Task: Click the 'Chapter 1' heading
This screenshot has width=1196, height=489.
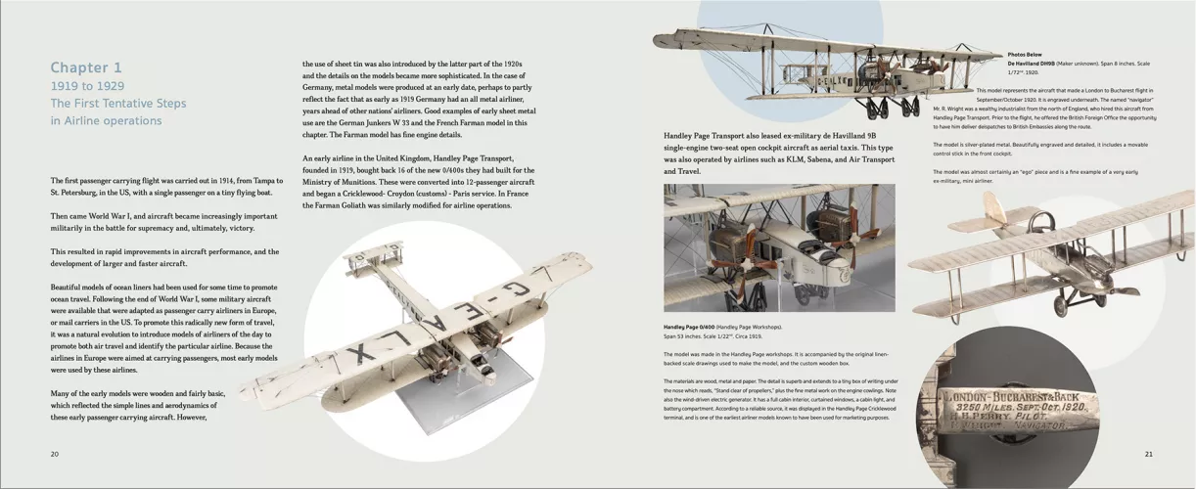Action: pos(86,67)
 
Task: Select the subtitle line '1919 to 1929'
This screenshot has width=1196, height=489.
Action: pos(87,86)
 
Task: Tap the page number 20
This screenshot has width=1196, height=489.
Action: pos(55,454)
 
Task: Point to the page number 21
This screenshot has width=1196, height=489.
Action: pos(1149,454)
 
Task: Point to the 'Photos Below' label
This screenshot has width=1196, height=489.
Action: pos(1025,55)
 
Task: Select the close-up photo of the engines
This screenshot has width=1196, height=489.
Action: pos(779,247)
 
